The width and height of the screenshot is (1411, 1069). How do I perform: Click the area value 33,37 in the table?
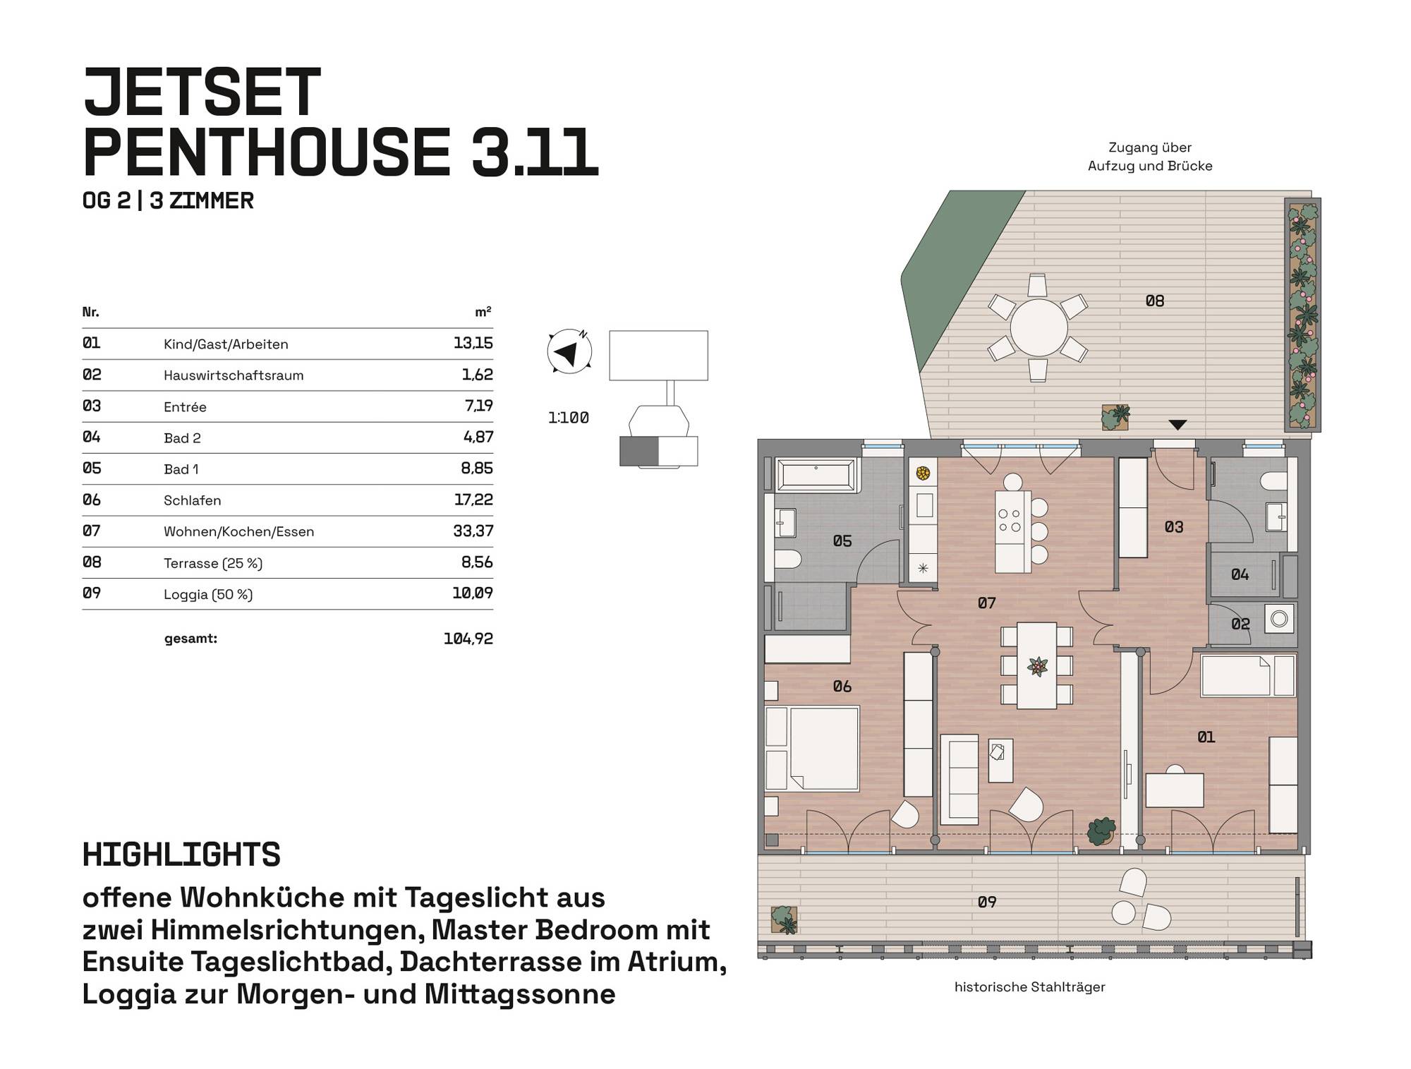coord(473,531)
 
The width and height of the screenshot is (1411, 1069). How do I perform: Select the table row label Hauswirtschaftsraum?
coord(234,375)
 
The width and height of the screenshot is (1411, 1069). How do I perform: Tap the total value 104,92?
coord(468,639)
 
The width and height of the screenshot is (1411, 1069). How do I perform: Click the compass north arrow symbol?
coord(569,351)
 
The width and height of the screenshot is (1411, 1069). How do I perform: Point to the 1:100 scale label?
coord(569,418)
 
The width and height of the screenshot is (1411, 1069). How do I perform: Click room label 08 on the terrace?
coord(1155,301)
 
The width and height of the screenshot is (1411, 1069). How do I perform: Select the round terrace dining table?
coord(1038,328)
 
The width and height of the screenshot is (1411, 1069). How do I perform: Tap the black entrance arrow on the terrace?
coord(1177,425)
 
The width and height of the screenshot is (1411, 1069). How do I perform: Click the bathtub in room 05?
coord(816,474)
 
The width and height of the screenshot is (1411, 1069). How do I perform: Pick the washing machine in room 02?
coord(1279,619)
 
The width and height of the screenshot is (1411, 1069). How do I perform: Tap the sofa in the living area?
coord(959,779)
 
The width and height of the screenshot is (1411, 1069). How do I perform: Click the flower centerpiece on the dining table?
coord(1037,665)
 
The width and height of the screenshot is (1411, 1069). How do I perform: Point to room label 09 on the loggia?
coord(987,902)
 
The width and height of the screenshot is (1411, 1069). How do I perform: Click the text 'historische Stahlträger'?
coord(1029,987)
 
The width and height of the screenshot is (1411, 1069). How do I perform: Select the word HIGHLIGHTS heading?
coord(181,854)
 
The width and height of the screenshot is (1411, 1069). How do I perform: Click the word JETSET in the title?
coord(202,92)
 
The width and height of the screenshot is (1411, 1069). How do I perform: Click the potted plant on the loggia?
coord(784,920)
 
